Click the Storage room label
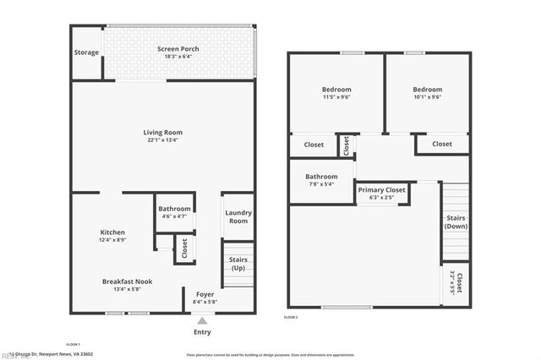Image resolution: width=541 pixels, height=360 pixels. (x=87, y=53)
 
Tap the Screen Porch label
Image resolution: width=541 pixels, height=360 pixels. (x=178, y=49)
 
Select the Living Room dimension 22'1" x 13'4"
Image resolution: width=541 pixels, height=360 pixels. (x=161, y=140)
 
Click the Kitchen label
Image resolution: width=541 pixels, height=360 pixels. (x=113, y=232)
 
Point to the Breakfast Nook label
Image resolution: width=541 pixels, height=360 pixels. (x=128, y=281)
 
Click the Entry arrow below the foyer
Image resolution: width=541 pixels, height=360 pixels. (x=201, y=320)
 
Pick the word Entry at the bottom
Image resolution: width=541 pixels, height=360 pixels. (x=202, y=332)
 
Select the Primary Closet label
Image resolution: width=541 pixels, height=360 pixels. (x=382, y=190)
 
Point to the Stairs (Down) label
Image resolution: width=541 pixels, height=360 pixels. (x=456, y=222)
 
